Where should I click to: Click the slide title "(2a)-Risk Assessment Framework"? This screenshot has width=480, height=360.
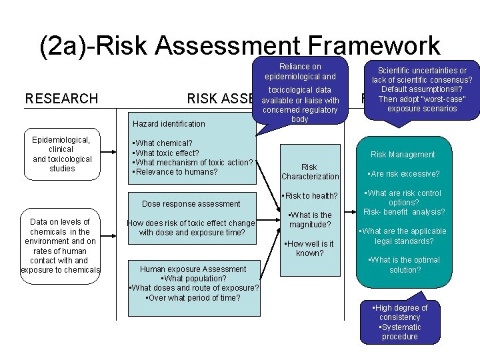(240, 45)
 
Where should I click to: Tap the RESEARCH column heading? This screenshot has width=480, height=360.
(61, 99)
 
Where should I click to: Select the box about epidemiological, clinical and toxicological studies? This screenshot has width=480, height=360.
(62, 154)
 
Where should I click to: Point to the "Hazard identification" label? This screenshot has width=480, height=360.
(169, 123)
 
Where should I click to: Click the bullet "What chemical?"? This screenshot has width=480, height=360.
(163, 143)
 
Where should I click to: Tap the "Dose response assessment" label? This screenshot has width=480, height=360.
(191, 203)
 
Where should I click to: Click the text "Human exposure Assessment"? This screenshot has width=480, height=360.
(193, 269)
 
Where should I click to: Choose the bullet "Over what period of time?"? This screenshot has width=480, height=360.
(193, 297)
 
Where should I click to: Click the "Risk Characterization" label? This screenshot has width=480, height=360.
(309, 172)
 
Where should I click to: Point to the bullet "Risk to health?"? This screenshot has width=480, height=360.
(310, 195)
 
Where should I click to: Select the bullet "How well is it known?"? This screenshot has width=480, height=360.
(310, 249)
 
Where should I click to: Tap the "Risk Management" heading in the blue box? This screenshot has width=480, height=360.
(403, 155)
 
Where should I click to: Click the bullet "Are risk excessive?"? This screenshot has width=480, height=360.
(403, 174)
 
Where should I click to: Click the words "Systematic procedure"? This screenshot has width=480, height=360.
(400, 332)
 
